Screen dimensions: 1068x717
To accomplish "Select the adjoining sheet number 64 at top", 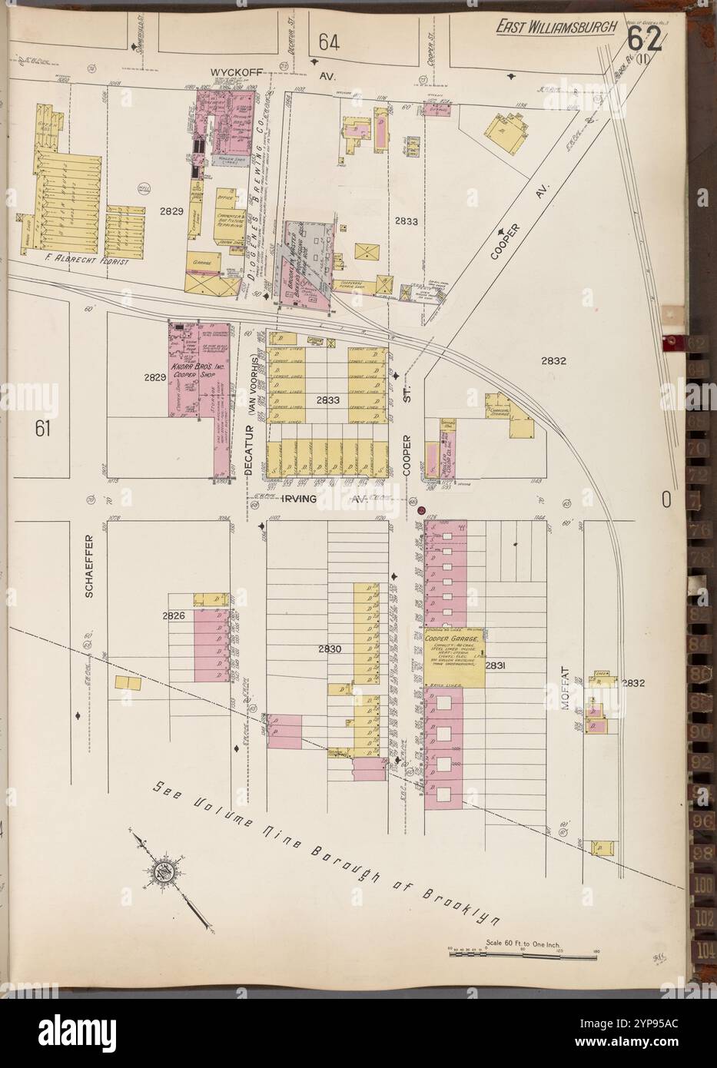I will (329, 42).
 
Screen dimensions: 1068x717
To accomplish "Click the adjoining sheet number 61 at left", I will (42, 430).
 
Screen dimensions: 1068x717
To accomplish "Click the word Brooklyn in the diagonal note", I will (462, 906).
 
